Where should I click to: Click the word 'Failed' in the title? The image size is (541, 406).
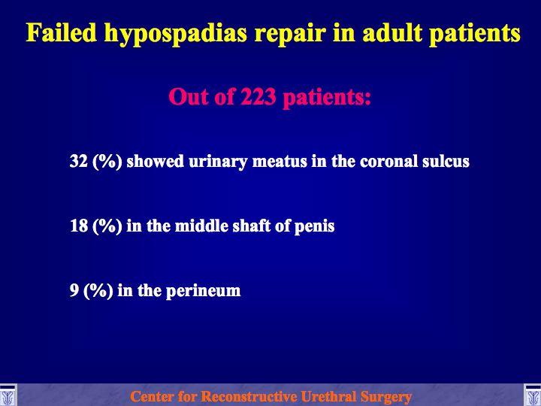pyautogui.click(x=62, y=33)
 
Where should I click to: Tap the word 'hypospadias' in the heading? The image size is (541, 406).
pyautogui.click(x=176, y=35)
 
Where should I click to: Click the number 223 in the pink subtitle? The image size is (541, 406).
pyautogui.click(x=258, y=96)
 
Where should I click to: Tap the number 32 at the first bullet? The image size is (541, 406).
pyautogui.click(x=79, y=161)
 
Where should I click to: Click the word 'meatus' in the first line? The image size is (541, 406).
pyautogui.click(x=280, y=162)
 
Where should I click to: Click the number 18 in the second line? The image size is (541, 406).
pyautogui.click(x=79, y=226)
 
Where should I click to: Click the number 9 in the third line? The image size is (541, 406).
pyautogui.click(x=74, y=290)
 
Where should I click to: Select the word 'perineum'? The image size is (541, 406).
pyautogui.click(x=203, y=292)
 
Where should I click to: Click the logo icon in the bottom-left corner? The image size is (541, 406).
pyautogui.click(x=8, y=395)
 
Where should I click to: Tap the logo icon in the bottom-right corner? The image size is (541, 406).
pyautogui.click(x=533, y=395)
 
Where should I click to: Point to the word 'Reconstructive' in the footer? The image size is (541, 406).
pyautogui.click(x=249, y=396)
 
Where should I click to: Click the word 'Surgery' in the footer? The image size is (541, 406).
pyautogui.click(x=385, y=398)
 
